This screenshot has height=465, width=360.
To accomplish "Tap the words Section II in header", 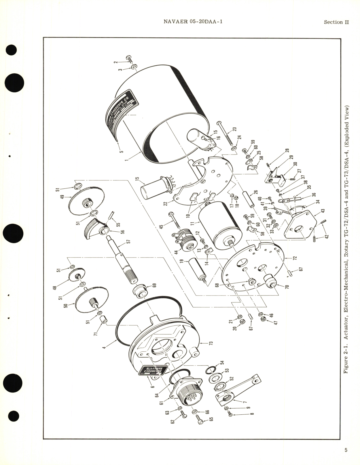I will tap(336, 22).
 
